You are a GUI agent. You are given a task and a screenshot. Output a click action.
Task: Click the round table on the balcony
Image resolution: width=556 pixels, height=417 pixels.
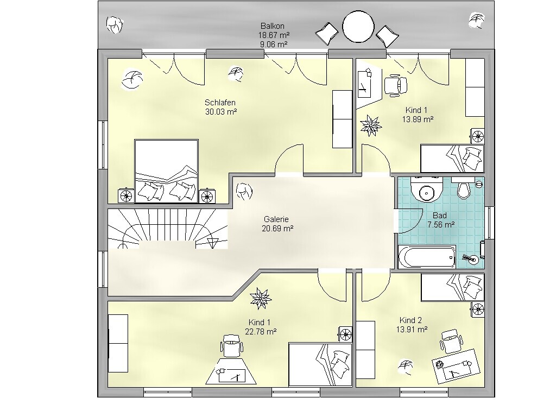pos(358,26)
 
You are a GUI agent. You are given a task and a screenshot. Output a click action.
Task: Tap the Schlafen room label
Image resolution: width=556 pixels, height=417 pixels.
pos(220,103)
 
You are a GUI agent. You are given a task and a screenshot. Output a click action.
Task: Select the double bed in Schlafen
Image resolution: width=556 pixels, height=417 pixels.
pos(166,171)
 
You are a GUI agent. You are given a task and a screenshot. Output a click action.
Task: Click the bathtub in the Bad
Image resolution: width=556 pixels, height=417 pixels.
pos(427,257)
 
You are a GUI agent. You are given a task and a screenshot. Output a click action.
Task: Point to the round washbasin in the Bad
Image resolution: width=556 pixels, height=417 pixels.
pos(426,192)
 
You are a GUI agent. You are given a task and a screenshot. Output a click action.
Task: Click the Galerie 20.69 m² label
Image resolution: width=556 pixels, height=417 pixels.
pos(277,224)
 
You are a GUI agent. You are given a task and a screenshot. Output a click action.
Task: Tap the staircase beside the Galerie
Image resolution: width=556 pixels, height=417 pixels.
pos(167,229)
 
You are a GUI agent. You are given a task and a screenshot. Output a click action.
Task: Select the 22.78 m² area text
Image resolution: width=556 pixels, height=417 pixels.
pos(261,332)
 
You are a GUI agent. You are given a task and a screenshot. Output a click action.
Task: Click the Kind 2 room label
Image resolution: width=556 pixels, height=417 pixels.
pos(410,320)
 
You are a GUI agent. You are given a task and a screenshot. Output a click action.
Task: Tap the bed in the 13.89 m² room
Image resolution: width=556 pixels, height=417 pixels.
pos(452,158)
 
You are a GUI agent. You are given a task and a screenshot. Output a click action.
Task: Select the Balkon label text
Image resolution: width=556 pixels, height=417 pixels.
pos(273,26)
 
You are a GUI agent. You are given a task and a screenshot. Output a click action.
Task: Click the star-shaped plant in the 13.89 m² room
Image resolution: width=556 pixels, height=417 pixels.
pos(371,125)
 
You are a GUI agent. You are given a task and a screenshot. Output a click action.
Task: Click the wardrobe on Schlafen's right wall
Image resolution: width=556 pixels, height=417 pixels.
pos(342,119)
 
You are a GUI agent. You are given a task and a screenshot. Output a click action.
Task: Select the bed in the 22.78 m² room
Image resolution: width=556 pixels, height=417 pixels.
pos(320,364)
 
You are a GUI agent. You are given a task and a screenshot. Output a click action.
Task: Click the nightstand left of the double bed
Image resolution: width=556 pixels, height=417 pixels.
pos(126,195)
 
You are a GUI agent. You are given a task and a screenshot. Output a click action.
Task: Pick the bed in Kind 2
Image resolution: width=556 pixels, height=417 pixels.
pos(453,287)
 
